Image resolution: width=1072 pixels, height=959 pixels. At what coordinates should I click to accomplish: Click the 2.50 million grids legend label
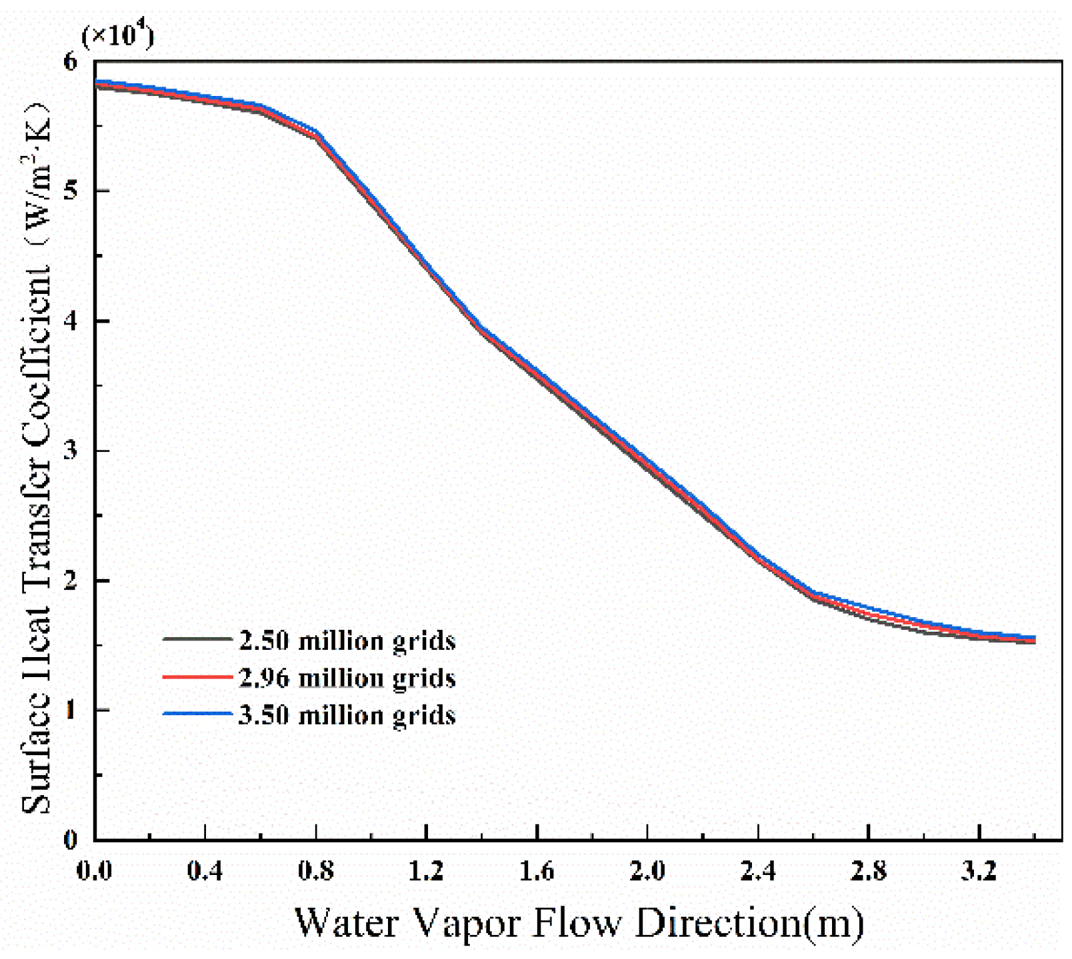(347, 640)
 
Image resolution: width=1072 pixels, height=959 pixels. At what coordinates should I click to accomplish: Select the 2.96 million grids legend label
(347, 678)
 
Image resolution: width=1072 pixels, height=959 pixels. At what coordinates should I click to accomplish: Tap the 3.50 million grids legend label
(347, 715)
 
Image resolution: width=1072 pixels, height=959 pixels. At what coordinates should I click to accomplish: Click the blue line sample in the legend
(197, 714)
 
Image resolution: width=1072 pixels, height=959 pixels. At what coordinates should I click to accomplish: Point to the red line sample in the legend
(197, 676)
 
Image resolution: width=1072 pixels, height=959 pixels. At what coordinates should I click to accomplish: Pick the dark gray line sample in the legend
(197, 639)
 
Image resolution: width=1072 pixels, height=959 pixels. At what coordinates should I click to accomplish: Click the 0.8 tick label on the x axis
(315, 870)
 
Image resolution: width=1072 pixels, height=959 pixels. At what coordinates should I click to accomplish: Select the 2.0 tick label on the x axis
(647, 870)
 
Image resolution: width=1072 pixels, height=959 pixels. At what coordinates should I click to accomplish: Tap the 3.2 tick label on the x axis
(979, 870)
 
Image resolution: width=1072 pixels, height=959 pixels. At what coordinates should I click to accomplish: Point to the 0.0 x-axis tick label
(95, 870)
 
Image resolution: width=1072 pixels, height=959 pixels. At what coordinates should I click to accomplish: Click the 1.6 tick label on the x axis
(537, 870)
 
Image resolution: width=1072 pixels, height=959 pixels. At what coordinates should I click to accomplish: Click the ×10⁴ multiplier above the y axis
(117, 35)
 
